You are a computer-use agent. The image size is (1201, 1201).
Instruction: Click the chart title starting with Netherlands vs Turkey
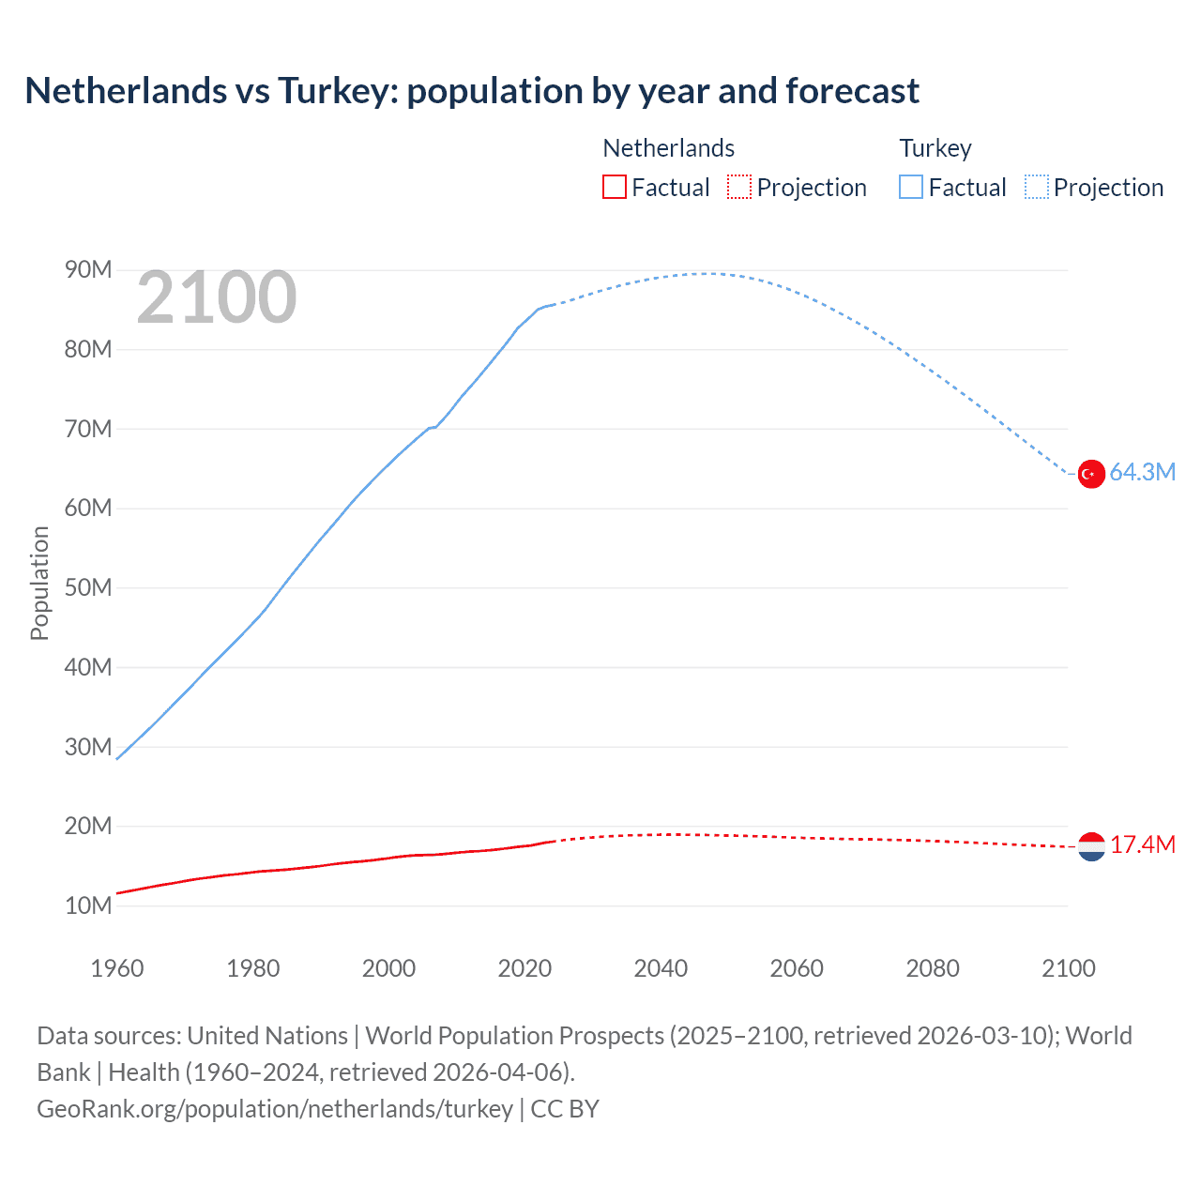472,91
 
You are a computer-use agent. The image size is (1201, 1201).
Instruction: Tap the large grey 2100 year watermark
217,297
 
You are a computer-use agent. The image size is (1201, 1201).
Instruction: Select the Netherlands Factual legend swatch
614,187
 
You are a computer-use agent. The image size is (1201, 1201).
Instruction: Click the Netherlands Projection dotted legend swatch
739,187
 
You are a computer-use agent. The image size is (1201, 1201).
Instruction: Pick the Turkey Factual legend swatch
910,187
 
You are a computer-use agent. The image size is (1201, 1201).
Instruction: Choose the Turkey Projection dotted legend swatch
1037,187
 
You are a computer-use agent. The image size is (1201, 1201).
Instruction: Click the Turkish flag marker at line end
1091,474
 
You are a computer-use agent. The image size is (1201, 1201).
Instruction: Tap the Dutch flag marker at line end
1091,846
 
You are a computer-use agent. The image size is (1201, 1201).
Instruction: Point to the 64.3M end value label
1142,472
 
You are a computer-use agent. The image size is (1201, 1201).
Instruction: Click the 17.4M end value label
1142,844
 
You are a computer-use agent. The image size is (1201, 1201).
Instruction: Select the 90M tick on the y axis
88,270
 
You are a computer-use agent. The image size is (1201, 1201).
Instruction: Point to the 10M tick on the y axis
88,905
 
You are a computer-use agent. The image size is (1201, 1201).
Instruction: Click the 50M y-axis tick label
88,588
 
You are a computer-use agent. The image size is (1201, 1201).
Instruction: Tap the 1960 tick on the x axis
117,968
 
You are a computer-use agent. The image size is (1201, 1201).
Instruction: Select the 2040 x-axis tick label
661,968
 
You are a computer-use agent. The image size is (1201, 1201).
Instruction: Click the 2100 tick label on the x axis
1068,968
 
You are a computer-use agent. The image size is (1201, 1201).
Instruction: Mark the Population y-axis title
39,583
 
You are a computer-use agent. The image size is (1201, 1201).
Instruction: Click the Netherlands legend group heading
668,148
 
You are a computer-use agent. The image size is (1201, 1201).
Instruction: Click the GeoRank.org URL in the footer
275,1109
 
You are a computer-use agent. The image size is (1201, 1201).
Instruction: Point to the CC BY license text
565,1109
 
